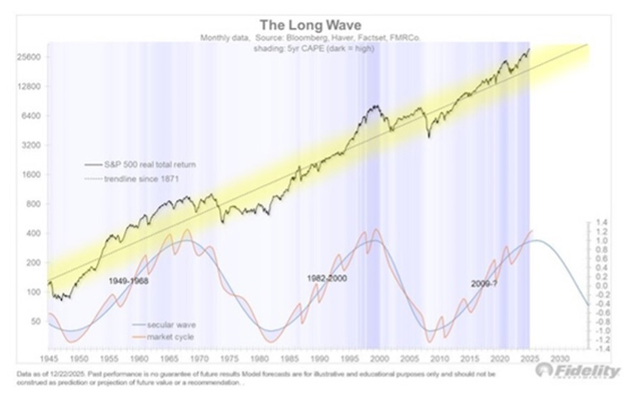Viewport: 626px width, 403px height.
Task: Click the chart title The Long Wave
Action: (312, 25)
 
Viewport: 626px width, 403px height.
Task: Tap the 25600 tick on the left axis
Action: (30, 57)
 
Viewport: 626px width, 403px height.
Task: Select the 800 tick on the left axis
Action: (34, 204)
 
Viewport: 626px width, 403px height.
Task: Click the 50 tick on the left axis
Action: (36, 320)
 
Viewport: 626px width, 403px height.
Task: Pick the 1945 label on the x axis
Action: (49, 360)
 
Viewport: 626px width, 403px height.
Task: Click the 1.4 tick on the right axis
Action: (602, 223)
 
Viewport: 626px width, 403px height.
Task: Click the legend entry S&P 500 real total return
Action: (149, 164)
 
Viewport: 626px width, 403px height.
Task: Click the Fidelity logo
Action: (578, 371)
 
